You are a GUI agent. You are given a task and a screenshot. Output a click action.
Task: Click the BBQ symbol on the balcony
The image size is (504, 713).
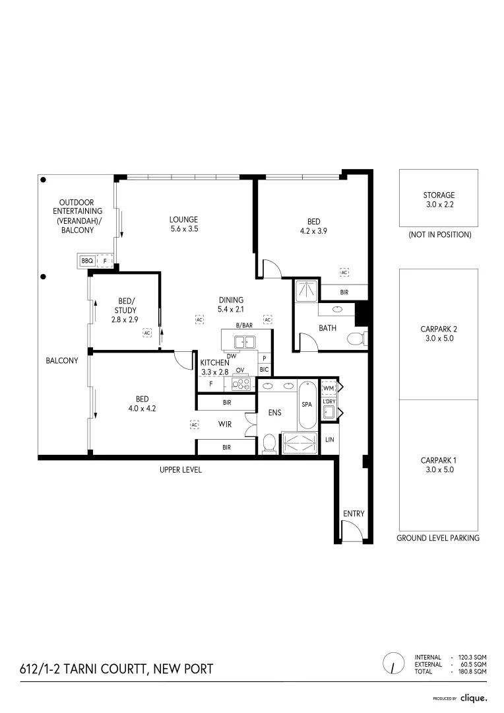[x=87, y=261]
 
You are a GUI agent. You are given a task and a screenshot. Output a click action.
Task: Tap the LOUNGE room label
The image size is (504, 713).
[x=183, y=219]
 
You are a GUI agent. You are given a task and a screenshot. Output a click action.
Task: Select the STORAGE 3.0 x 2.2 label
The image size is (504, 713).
[x=439, y=199]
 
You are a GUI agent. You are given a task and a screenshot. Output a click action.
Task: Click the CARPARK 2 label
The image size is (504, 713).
[x=439, y=329]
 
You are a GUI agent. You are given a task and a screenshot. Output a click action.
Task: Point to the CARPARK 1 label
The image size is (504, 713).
[x=439, y=460]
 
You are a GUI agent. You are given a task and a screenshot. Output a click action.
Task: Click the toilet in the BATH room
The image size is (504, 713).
[x=357, y=339]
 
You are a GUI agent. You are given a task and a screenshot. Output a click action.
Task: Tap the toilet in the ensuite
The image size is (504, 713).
[x=270, y=444]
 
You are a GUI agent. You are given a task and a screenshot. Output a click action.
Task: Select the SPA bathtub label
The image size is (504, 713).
[x=307, y=404]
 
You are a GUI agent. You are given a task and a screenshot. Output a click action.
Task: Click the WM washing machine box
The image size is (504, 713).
[x=329, y=388]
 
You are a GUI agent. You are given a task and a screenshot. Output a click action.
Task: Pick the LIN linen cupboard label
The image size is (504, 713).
[x=330, y=439]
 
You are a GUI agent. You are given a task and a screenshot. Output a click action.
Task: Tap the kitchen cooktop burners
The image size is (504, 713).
[x=240, y=385]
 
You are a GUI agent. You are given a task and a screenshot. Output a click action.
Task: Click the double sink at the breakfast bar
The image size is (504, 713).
[x=245, y=341]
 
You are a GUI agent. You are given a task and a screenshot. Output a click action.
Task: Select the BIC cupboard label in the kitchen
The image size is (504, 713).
[x=264, y=370]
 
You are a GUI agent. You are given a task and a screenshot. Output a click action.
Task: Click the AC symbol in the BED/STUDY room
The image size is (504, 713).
[x=147, y=333]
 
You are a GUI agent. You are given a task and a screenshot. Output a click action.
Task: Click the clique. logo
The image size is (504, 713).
[x=474, y=698]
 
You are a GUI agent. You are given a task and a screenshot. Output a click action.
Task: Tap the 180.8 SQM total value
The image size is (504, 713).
[x=472, y=671]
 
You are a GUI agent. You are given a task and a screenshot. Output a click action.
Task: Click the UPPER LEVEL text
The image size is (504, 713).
[x=180, y=470]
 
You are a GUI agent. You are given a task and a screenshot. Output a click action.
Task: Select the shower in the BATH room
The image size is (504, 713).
[x=307, y=291]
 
